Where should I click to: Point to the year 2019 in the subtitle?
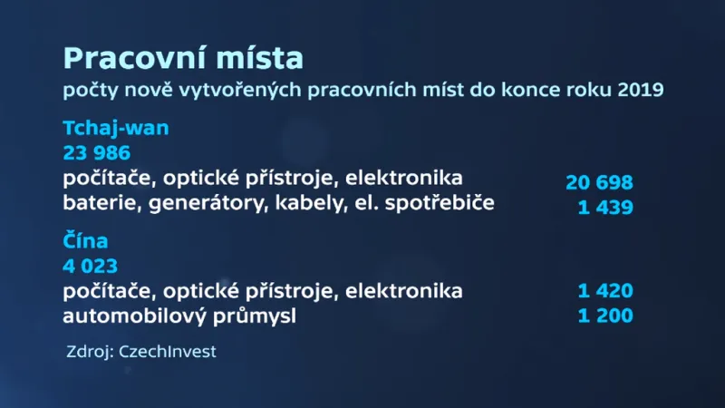[x=642, y=91]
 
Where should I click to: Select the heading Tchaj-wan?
[x=116, y=128]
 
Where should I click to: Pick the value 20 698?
[x=599, y=182]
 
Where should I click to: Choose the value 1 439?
[x=605, y=208]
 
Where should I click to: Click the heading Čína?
[x=86, y=243]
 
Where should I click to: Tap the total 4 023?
[x=91, y=267]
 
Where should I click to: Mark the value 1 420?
[x=605, y=291]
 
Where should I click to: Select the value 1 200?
[x=605, y=316]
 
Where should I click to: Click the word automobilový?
[x=131, y=317]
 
